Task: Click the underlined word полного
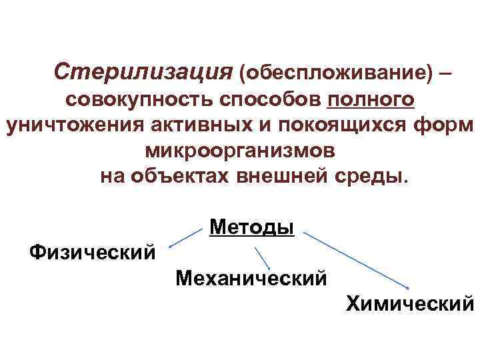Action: pos(371,100)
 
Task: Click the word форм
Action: pos(450,126)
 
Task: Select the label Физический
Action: pos(93,253)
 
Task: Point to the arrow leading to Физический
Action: pos(187,239)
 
